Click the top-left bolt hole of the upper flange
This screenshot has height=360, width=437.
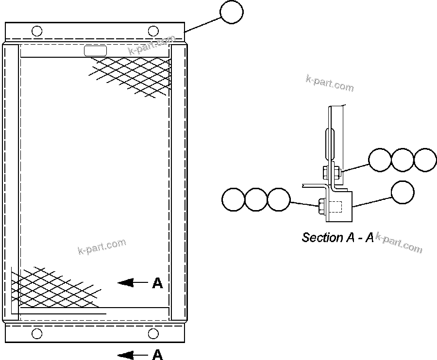click(x=36, y=32)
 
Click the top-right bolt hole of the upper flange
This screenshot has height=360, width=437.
click(x=153, y=32)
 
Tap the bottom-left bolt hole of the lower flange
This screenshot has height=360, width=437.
click(x=36, y=333)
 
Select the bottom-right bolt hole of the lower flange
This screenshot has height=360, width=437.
click(x=153, y=333)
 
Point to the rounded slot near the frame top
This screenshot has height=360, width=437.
click(x=95, y=50)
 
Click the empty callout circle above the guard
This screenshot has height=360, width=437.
click(x=232, y=12)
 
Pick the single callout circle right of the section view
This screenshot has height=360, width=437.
click(x=403, y=192)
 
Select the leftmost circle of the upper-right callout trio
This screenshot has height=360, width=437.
click(x=380, y=160)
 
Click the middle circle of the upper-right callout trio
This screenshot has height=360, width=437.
click(x=403, y=160)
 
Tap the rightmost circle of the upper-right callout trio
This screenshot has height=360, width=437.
click(x=425, y=160)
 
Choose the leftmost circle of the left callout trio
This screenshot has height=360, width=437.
click(x=233, y=199)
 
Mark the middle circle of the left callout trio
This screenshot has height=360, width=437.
click(x=256, y=199)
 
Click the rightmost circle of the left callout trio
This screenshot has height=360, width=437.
click(x=279, y=199)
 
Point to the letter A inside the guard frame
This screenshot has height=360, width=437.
click(x=157, y=283)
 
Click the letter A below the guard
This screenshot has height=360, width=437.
click(x=157, y=355)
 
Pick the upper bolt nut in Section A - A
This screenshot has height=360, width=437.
click(x=324, y=171)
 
